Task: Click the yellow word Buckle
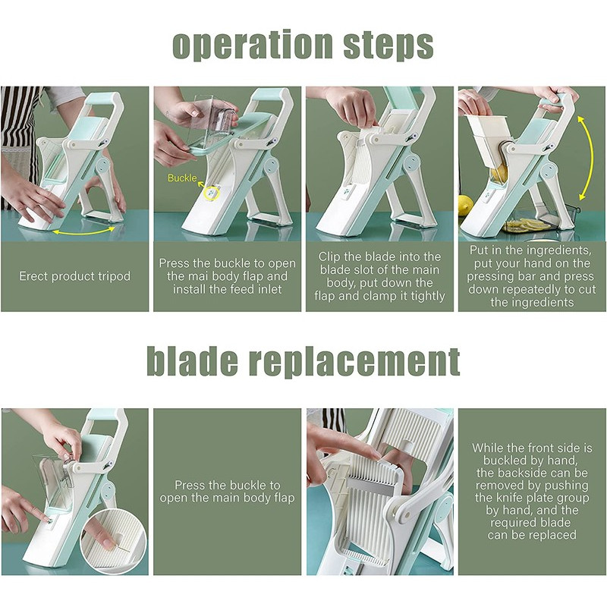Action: click(182, 178)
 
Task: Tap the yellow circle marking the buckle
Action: click(212, 193)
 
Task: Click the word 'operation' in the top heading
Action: click(253, 45)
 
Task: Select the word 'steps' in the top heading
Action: click(388, 46)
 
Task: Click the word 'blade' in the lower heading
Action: click(193, 360)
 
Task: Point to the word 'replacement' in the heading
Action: click(354, 362)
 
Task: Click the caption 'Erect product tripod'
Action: click(74, 276)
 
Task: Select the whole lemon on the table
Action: click(465, 205)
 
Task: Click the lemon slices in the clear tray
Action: click(528, 225)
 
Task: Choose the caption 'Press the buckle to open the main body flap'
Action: click(227, 491)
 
